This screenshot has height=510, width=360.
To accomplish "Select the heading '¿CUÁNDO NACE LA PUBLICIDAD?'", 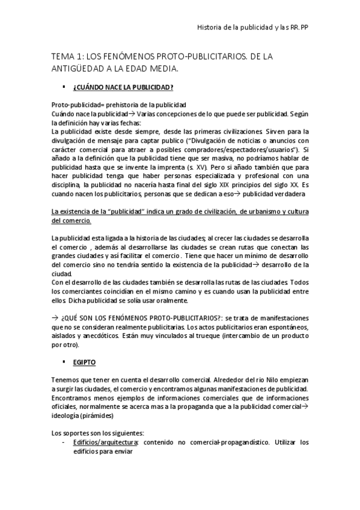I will pyautogui.click(x=123, y=88).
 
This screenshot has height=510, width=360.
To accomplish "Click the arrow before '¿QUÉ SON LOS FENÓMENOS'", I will pyautogui.click(x=55, y=317).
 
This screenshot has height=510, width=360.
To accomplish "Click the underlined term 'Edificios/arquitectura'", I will pyautogui.click(x=105, y=441).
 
